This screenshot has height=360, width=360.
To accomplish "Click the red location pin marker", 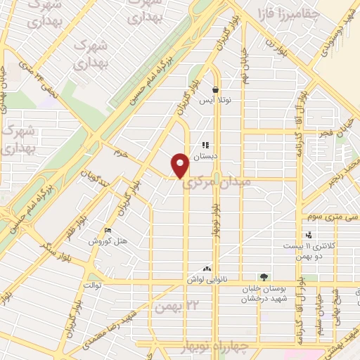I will pyautogui.click(x=180, y=165).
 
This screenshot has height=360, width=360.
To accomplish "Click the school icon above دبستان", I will pyautogui.click(x=205, y=146).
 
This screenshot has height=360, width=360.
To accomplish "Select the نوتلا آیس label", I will pyautogui.click(x=215, y=101).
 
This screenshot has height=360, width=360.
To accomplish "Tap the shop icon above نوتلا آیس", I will pyautogui.click(x=215, y=90).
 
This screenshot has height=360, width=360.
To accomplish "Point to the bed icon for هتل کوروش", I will pyautogui.click(x=107, y=230).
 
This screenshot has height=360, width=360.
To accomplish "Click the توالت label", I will pyautogui.click(x=93, y=285).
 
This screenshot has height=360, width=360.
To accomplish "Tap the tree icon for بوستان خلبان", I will pyautogui.click(x=264, y=277).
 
